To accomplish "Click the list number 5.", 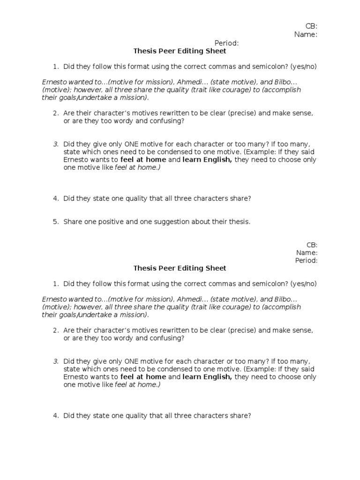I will tap(55, 222).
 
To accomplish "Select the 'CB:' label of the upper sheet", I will tap(312, 26).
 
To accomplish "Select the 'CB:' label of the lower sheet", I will tap(312, 245).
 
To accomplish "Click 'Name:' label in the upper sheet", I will tap(306, 34).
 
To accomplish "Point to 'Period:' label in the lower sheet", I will tap(306, 260).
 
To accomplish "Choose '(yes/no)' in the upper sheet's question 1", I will tap(303, 66).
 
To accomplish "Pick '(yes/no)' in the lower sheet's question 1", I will tap(303, 284).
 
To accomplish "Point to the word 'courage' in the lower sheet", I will tap(226, 307).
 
